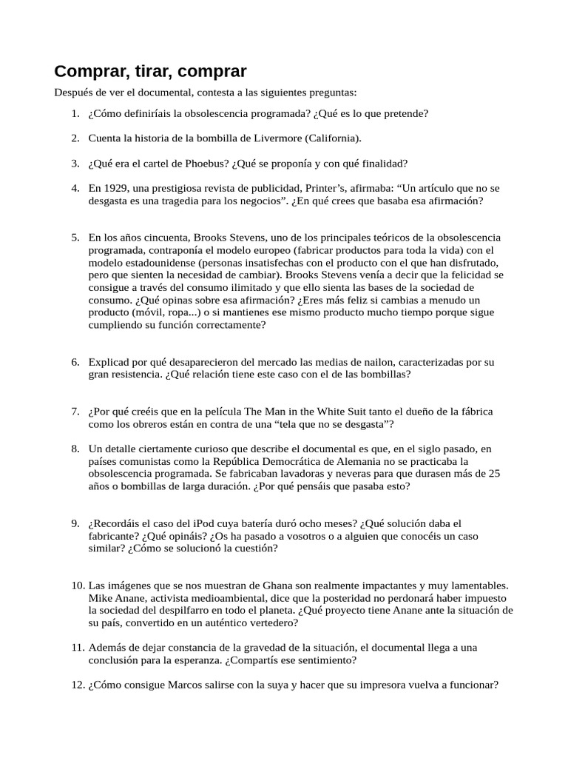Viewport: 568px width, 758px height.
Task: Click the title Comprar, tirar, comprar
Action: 150,71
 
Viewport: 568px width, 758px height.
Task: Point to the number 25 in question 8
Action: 494,473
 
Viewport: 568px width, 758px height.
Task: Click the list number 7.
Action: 75,411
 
